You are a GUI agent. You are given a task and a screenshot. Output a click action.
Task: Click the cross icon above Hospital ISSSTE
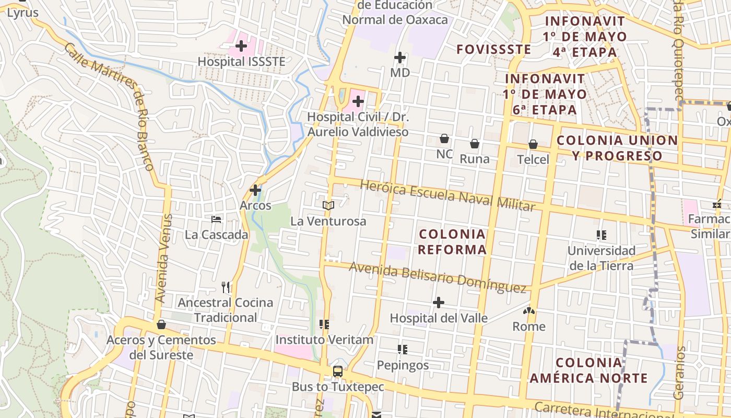[x=241, y=46]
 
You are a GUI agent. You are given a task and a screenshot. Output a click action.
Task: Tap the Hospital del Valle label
[x=439, y=318]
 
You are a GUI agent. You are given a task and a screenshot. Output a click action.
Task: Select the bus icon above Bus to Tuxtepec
[x=338, y=371]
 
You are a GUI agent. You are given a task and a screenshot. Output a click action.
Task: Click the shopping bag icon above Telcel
[x=533, y=144]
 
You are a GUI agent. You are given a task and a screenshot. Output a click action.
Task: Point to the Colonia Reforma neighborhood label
[x=452, y=241]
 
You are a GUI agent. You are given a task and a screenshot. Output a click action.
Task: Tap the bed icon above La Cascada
[x=216, y=219]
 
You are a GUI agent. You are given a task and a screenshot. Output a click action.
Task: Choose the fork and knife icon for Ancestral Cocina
[x=226, y=287]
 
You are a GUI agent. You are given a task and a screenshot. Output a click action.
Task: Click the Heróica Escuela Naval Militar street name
[x=447, y=195]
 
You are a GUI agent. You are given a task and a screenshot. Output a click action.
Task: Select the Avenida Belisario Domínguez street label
[x=437, y=277]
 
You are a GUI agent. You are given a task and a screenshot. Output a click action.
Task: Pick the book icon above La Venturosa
[x=328, y=206]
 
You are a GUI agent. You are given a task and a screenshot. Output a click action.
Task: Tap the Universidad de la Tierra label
[x=601, y=258]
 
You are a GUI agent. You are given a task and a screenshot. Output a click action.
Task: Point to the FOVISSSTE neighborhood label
[x=493, y=50]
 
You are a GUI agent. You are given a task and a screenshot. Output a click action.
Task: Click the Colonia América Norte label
[x=589, y=370]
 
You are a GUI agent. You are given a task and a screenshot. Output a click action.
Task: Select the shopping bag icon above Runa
[x=475, y=144]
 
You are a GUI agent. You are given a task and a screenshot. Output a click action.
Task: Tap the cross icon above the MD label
[x=400, y=57]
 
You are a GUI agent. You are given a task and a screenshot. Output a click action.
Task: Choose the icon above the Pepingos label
[x=402, y=349]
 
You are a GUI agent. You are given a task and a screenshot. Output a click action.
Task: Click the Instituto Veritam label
[x=324, y=340]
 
